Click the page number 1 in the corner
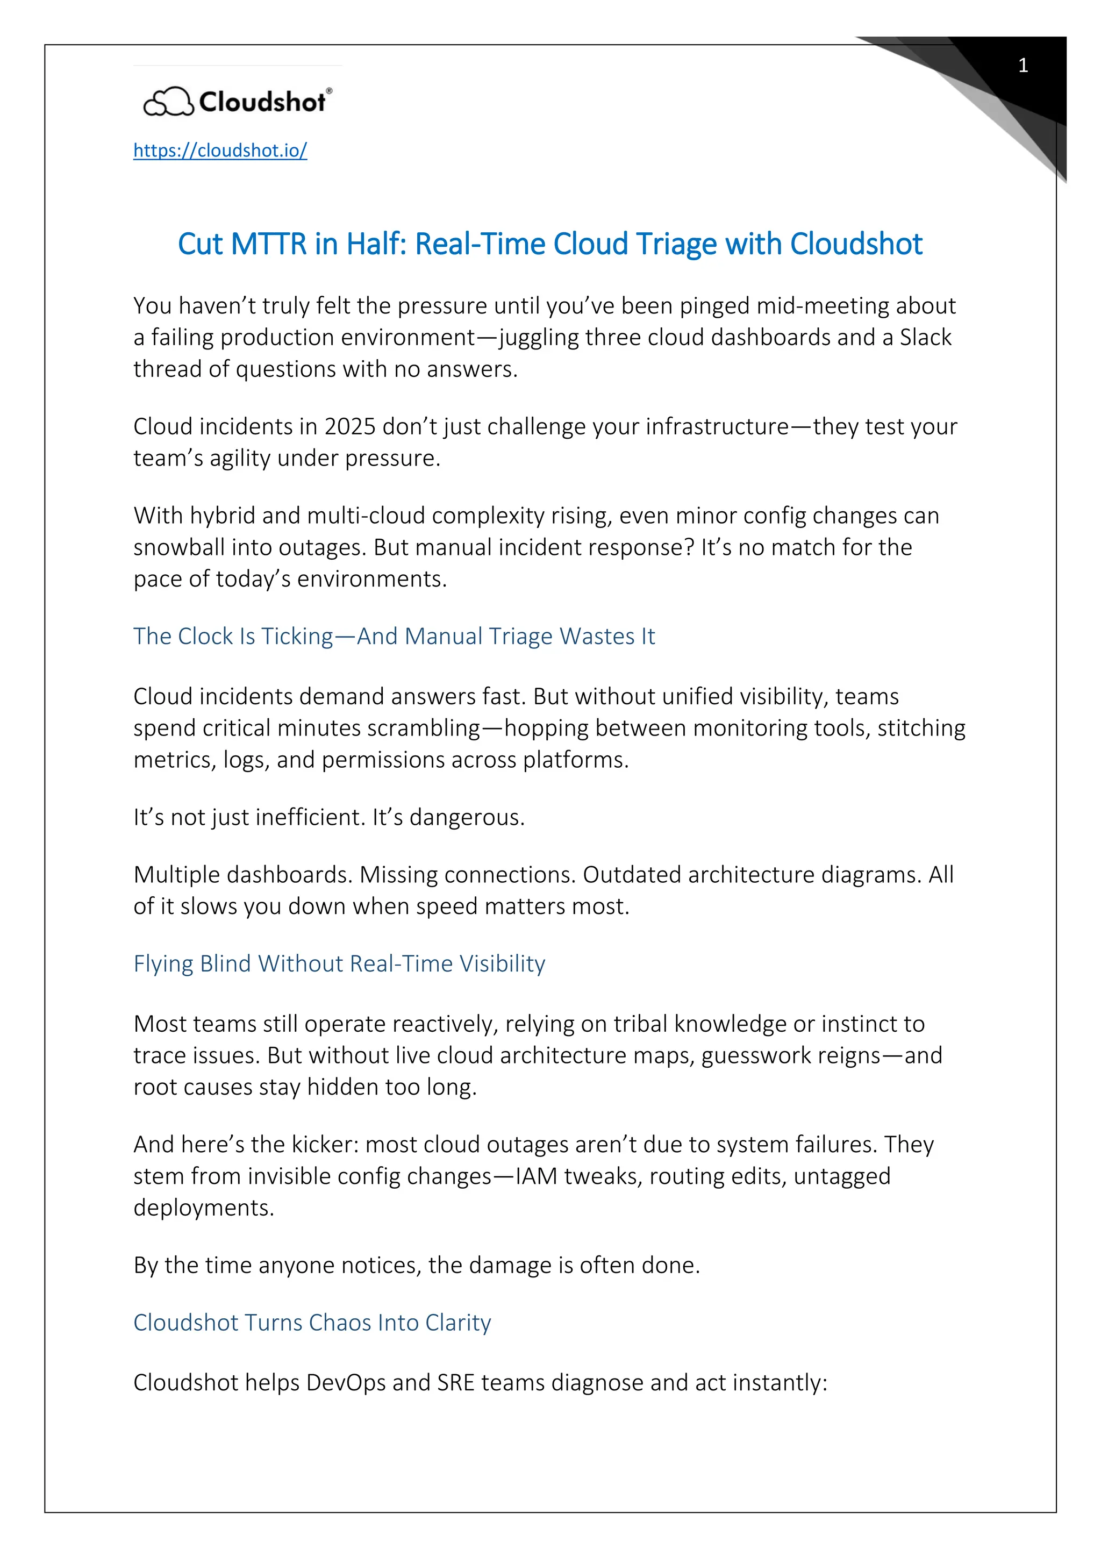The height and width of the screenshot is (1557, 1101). coord(1023,66)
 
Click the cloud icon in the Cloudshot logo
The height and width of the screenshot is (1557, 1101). coord(168,102)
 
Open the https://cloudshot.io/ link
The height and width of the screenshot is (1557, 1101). coord(220,150)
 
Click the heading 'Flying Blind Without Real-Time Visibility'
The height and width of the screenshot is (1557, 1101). coord(339,963)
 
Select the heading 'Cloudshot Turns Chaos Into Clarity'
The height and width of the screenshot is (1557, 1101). coord(312,1323)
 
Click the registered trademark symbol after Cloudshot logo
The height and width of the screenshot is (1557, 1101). coord(330,90)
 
